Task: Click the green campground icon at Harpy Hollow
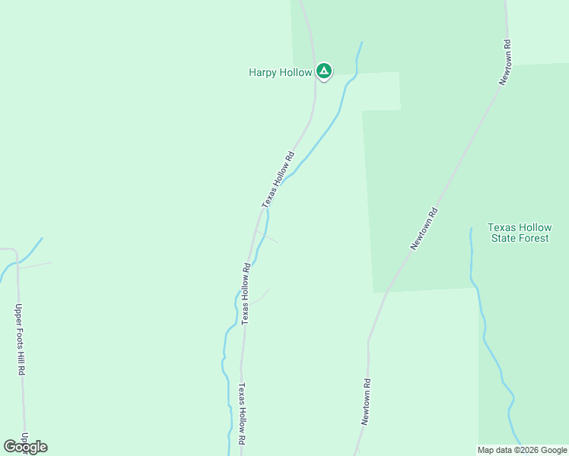click(x=324, y=71)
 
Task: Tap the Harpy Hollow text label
click(x=280, y=73)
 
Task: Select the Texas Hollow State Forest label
click(x=518, y=233)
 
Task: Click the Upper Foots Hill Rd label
click(x=21, y=340)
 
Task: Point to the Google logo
click(x=25, y=447)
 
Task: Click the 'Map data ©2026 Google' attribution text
click(x=522, y=450)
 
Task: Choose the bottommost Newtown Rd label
click(x=366, y=402)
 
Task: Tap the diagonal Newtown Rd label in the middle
click(x=425, y=229)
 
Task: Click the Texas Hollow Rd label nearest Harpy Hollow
click(x=278, y=180)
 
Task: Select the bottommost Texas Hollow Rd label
click(x=241, y=413)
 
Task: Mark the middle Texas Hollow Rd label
click(x=246, y=294)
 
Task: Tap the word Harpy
click(x=262, y=73)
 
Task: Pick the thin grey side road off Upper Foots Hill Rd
click(x=35, y=266)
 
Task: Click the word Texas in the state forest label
click(x=502, y=227)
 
